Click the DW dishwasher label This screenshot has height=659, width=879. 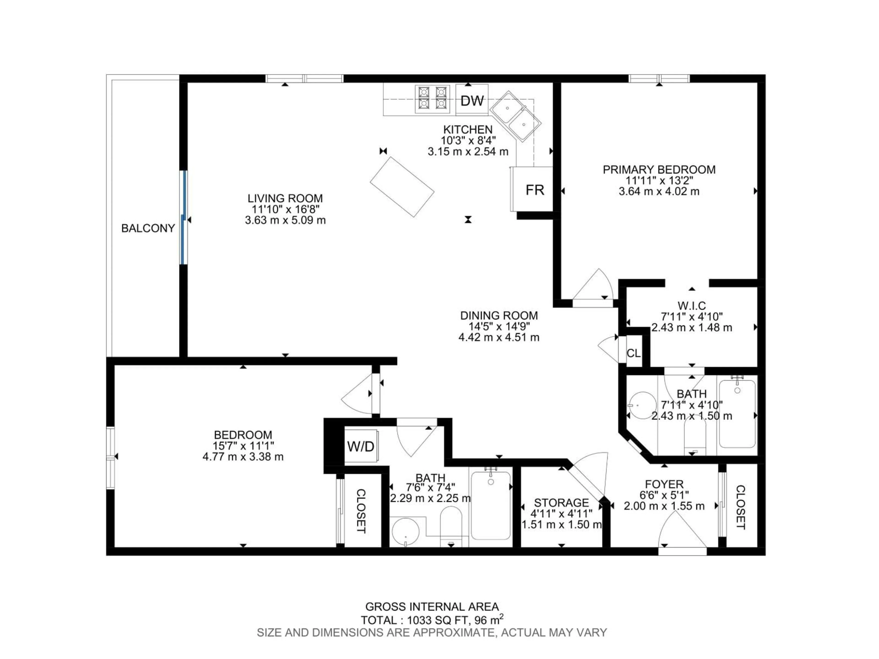472,101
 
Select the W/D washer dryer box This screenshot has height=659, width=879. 361,446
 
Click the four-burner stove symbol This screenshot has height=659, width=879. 432,99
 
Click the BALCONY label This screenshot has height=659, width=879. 148,228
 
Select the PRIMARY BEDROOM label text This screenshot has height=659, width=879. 659,170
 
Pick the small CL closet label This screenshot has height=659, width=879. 633,353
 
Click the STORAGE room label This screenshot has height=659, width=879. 561,503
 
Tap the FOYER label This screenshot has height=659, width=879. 664,484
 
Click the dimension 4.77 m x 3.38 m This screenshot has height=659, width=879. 243,457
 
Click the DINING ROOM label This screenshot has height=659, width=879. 499,316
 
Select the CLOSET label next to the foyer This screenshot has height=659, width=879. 740,507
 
